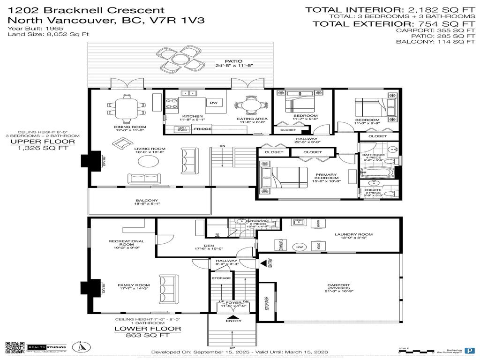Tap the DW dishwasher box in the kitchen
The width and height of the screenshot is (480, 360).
click(x=213, y=103)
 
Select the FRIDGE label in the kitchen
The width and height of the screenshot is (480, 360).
click(x=202, y=129)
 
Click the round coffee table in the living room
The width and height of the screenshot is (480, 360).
click(x=148, y=162)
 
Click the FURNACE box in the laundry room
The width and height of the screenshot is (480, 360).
click(x=280, y=245)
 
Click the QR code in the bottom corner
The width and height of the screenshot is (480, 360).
click(x=15, y=348)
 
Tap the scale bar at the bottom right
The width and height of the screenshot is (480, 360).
click(x=415, y=350)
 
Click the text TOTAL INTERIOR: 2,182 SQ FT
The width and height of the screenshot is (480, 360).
click(x=390, y=9)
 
